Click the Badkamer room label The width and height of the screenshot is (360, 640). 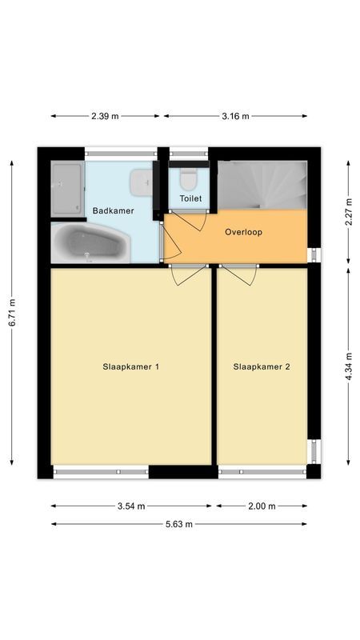click(113, 211)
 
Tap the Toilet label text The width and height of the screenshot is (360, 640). click(190, 198)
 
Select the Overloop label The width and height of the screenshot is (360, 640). click(243, 233)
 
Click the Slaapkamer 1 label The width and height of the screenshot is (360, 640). click(131, 367)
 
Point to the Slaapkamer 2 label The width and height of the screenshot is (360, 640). click(262, 367)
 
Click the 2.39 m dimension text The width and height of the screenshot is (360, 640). click(105, 116)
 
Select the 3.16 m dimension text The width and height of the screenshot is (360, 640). click(235, 116)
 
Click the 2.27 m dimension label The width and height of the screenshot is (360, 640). click(348, 211)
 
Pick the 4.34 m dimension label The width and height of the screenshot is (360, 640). click(348, 366)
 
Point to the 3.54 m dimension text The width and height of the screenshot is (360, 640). click(130, 506)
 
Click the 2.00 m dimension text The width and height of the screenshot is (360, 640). click(262, 506)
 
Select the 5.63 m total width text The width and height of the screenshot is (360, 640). click(178, 524)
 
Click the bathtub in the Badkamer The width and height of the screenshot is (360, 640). click(88, 243)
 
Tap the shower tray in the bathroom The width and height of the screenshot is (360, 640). click(67, 190)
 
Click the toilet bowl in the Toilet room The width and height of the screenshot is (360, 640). click(190, 176)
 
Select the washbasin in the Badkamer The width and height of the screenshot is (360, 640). click(141, 182)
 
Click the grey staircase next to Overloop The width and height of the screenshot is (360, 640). click(262, 185)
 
